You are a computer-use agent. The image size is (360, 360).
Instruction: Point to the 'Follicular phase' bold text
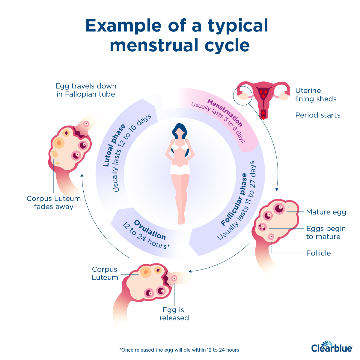pyautogui.click(x=234, y=199)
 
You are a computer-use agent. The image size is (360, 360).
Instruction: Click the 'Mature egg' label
pyautogui.click(x=326, y=212)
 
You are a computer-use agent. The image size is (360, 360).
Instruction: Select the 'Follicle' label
pyautogui.click(x=318, y=253)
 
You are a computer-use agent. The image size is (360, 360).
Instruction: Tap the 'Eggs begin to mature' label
pyautogui.click(x=326, y=232)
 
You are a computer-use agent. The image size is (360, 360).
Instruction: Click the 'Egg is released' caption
pyautogui.click(x=174, y=314)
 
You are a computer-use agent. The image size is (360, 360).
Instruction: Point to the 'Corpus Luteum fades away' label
pyautogui.click(x=54, y=202)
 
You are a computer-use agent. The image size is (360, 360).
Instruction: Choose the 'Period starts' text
pyautogui.click(x=317, y=115)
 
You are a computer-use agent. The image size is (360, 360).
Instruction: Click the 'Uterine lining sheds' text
pyautogui.click(x=315, y=95)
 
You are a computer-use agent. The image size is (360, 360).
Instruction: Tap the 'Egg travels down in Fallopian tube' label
pyautogui.click(x=86, y=90)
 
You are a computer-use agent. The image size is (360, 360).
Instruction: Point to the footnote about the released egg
pyautogui.click(x=179, y=350)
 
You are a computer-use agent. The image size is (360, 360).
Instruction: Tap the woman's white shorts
pyautogui.click(x=180, y=170)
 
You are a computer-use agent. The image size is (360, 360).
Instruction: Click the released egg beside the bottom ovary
pyautogui.click(x=174, y=278)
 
